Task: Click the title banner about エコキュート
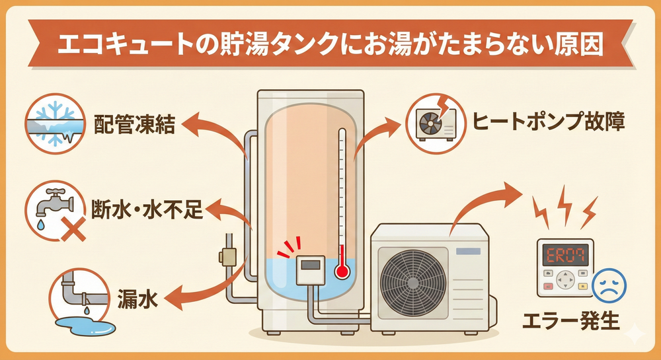point(330,46)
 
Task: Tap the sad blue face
point(608,284)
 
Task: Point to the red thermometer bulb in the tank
point(341,270)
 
